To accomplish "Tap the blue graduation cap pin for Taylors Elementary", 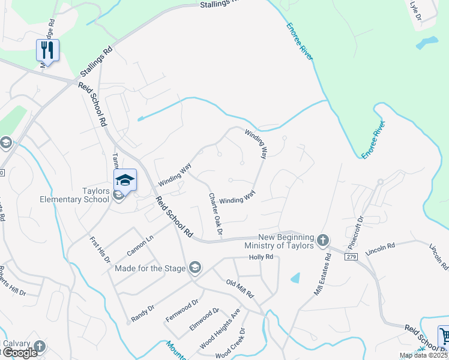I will point(125,179).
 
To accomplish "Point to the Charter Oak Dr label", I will point(215,214).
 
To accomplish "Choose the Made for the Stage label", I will point(150,268).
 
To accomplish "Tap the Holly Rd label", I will point(261,257).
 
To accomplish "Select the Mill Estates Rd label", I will point(322,274).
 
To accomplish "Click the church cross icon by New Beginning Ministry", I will point(323,241).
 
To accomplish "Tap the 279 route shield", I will point(351,256).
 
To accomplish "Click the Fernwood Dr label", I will point(182,310).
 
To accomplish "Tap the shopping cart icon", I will point(444,335).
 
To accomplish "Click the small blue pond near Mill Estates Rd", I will point(294,278).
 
